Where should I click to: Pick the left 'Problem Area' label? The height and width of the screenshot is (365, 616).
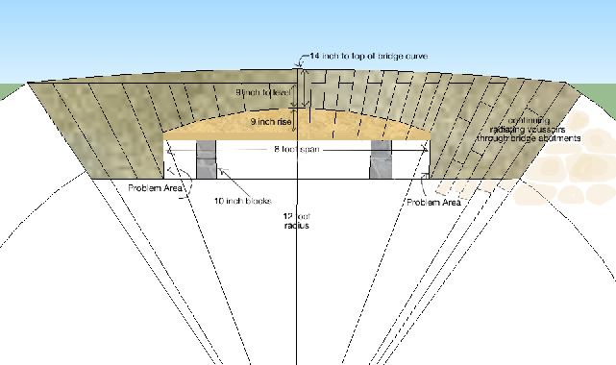[155, 187]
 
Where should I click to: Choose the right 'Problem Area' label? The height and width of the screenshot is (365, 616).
[433, 203]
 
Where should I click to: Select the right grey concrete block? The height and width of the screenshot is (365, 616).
[381, 158]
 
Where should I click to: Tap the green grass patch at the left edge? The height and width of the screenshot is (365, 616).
[8, 91]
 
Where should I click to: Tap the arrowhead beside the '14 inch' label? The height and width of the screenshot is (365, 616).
[301, 59]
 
